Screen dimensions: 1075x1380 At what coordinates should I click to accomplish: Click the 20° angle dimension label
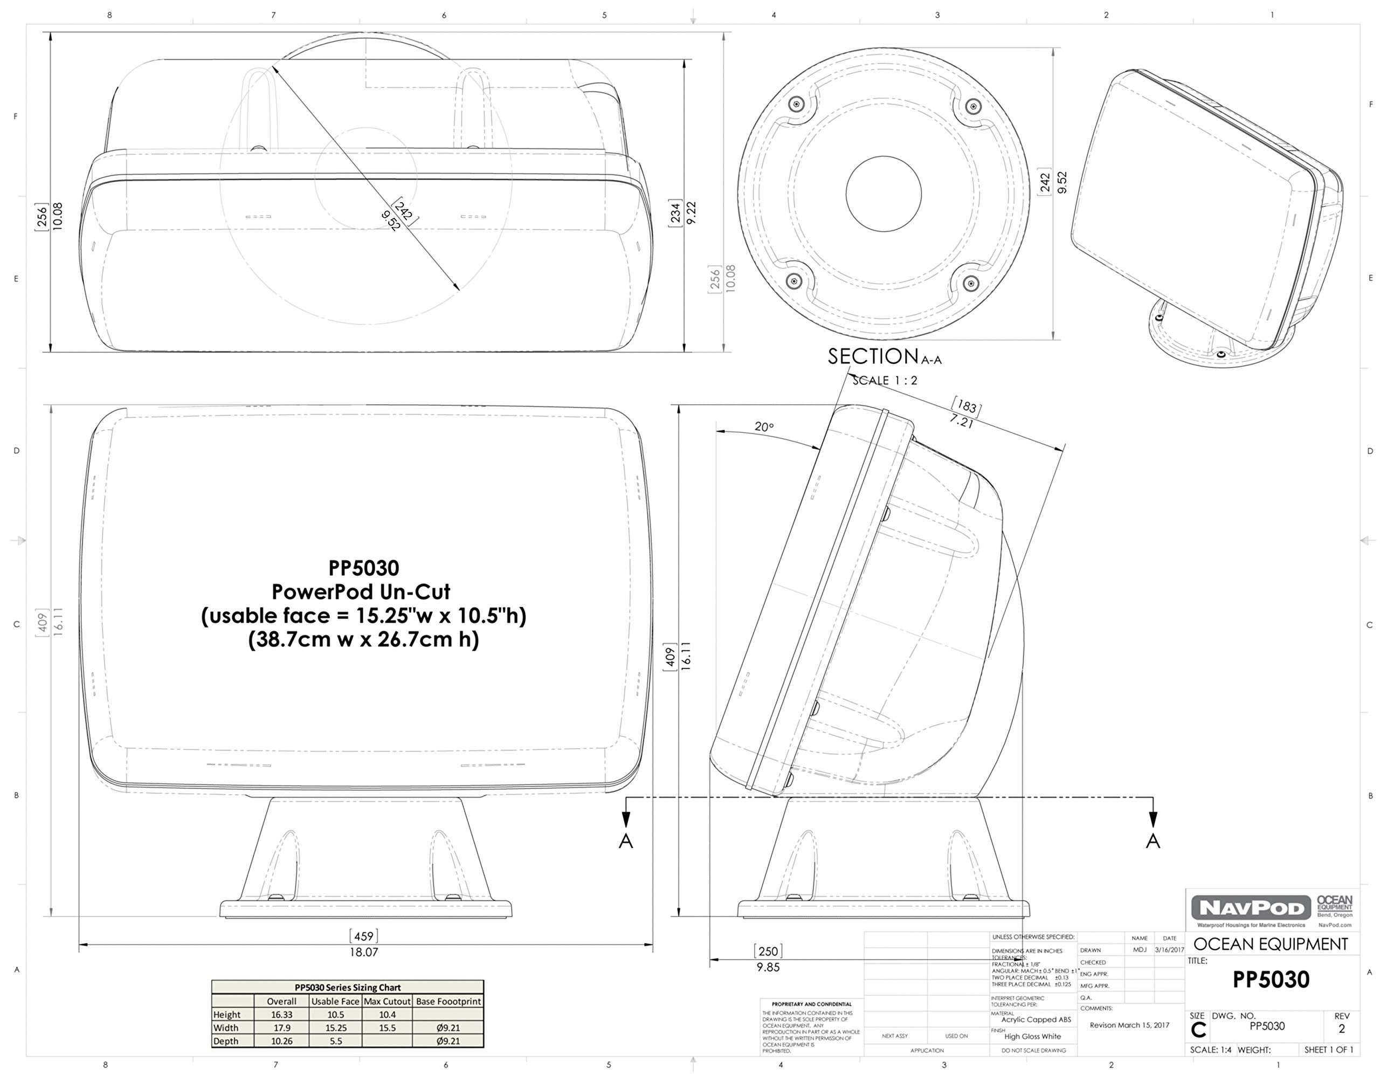pos(764,426)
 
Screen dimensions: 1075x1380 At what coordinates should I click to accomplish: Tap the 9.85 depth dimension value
pos(768,967)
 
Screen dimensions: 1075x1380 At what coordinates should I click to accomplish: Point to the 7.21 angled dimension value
pos(961,421)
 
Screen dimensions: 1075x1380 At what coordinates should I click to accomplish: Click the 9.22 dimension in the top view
pos(691,212)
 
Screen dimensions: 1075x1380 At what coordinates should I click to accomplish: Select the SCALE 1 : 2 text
pos(885,381)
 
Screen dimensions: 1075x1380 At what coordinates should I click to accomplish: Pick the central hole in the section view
pos(884,194)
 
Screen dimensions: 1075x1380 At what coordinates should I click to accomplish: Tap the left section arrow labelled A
pos(625,840)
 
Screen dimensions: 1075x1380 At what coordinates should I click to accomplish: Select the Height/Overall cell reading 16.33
pos(282,1014)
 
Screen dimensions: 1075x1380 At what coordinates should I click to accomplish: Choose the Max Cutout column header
pos(388,1001)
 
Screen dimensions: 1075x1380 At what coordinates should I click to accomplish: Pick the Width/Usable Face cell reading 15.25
pos(335,1028)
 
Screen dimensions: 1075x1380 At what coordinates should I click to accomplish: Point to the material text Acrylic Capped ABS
pos(1036,1019)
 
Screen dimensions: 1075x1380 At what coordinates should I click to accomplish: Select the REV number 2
pos(1341,1029)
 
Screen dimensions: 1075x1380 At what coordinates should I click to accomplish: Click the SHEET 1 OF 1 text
pos(1328,1050)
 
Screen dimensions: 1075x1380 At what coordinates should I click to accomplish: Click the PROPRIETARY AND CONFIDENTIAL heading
pos(811,1004)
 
